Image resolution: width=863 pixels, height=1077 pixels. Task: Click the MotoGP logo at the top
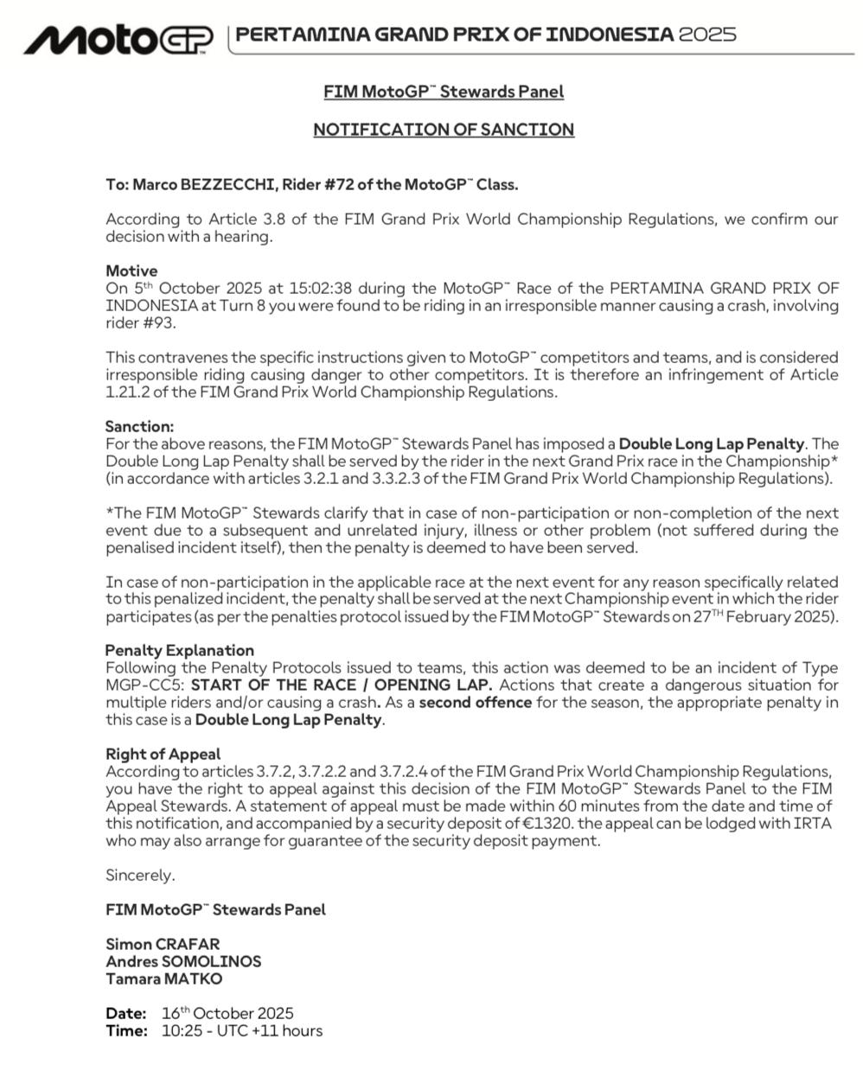118,39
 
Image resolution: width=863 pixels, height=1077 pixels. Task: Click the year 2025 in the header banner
707,35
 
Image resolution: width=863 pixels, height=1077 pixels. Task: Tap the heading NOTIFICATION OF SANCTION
443,130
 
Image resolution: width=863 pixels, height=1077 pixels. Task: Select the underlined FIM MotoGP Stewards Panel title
443,92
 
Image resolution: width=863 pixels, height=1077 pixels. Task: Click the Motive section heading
131,271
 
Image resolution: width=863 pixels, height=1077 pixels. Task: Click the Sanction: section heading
139,426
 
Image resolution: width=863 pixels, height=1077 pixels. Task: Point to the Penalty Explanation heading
180,650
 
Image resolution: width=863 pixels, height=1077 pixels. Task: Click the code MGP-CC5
144,685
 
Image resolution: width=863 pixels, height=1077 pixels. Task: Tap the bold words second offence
475,702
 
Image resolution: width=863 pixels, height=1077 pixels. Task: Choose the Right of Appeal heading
163,754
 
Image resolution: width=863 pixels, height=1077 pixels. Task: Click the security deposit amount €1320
547,823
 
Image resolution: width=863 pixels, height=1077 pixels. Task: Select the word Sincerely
140,875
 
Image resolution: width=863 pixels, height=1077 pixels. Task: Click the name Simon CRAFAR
163,944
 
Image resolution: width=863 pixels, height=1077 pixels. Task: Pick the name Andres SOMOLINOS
183,961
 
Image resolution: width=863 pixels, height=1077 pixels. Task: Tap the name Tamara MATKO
163,978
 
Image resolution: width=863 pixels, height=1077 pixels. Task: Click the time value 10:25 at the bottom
180,1030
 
